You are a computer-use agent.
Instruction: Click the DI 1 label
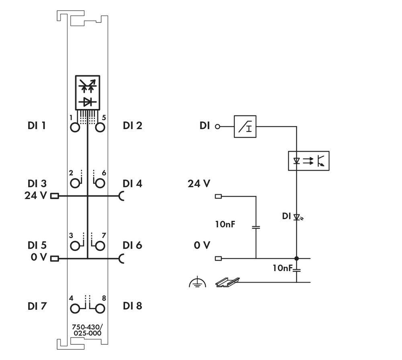(37, 125)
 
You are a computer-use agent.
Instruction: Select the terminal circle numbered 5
(100, 128)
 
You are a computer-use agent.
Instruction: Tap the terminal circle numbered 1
(75, 128)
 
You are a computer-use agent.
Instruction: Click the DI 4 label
(133, 183)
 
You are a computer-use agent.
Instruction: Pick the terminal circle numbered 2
(75, 183)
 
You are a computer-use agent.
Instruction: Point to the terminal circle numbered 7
(100, 245)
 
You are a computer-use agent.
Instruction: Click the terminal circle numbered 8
(100, 309)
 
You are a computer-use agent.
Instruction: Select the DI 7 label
(37, 306)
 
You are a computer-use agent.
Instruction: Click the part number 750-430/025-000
(87, 330)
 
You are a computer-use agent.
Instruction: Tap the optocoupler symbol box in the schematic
(308, 161)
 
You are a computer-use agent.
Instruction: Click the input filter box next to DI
(245, 127)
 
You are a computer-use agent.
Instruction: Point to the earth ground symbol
(197, 283)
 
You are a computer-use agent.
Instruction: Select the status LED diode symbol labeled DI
(297, 217)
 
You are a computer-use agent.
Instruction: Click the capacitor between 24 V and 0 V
(256, 227)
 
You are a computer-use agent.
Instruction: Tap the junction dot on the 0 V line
(297, 258)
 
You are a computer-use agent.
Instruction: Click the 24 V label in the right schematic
(199, 184)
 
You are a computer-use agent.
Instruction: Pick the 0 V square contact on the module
(54, 258)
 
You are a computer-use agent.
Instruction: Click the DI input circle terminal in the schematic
(218, 127)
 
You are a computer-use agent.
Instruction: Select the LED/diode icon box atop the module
(87, 92)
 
